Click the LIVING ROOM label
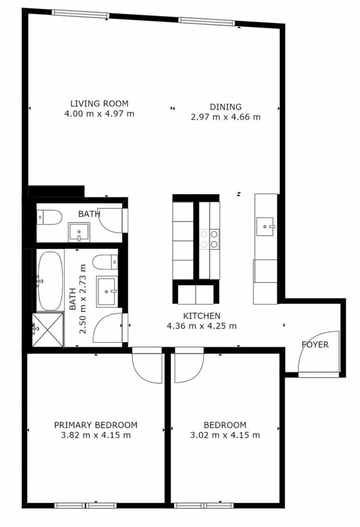point(99,104)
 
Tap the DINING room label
point(225,107)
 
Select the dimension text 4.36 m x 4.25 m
point(201,326)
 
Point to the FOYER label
point(315,345)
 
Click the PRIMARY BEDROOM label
point(96,425)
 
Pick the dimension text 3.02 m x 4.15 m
point(225,435)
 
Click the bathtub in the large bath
point(50,281)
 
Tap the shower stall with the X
point(48,330)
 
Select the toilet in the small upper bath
point(49,217)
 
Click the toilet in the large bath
point(105,262)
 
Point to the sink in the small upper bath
point(79,232)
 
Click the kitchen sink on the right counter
point(265,227)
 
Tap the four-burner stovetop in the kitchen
point(209,239)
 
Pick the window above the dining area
point(207,21)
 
